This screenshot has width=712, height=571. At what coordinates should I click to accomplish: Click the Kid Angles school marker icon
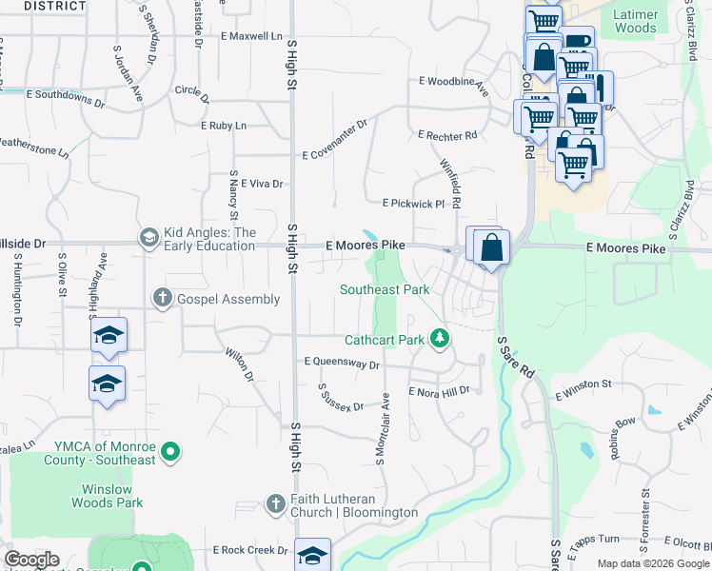148,237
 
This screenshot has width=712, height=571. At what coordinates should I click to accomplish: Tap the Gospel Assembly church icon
163,299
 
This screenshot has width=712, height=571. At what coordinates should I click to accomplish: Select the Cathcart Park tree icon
439,337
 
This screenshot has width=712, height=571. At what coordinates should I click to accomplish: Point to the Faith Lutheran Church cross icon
275,503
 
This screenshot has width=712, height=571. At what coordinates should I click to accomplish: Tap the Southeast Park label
385,289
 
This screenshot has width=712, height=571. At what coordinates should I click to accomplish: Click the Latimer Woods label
635,22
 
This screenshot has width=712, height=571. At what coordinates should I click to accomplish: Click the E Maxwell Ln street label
251,36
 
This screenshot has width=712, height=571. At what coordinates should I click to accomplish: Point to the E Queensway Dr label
342,363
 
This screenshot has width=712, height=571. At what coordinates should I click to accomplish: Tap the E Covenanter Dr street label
334,141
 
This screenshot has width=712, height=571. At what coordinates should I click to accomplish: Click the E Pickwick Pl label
413,204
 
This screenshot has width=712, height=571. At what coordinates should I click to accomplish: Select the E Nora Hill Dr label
439,391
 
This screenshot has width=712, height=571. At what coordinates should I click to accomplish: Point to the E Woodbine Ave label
454,86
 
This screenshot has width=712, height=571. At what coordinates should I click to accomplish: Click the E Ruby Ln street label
223,126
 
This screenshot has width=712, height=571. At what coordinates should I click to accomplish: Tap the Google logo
31,560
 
